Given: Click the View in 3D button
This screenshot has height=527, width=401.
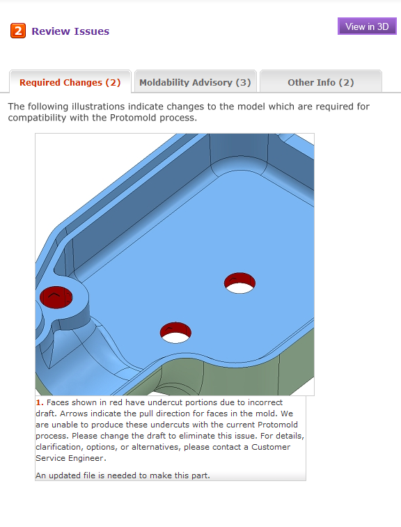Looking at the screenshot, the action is click(367, 26).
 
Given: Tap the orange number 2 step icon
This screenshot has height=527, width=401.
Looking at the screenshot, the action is click(18, 31).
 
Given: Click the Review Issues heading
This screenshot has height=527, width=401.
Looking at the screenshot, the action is click(70, 31).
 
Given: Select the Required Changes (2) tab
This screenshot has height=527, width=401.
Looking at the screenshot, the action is click(70, 82).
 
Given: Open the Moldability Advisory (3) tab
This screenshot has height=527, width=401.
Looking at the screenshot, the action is click(196, 82).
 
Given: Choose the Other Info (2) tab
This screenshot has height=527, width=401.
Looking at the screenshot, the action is click(321, 82).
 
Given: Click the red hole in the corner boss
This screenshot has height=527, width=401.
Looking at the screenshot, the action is click(56, 297).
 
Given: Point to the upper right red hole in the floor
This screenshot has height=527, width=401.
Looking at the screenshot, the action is click(239, 282).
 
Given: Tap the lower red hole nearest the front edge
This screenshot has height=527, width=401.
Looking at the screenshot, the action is click(175, 331).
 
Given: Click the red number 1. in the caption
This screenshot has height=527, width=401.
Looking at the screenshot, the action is click(40, 402).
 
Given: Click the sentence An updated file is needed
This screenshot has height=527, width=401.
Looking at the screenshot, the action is click(123, 475).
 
